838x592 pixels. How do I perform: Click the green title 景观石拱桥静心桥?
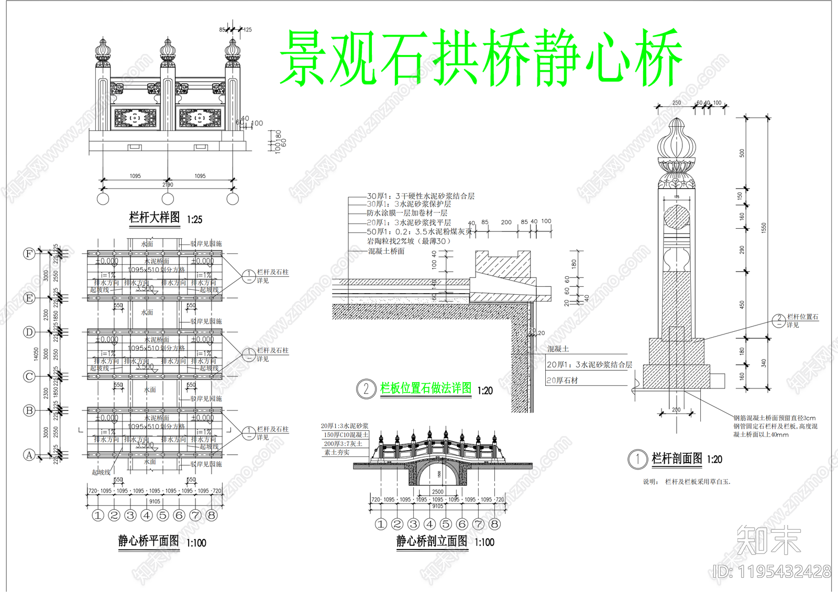pos(481,58)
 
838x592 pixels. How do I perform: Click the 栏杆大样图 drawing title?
pos(155,217)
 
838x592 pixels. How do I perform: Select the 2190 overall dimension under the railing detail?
pos(168,185)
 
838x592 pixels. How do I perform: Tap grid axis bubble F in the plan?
pos(29,254)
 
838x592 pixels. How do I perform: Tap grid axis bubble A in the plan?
pos(29,455)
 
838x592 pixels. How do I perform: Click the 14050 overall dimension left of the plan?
pos(36,354)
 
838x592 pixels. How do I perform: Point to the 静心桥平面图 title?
pos(149,541)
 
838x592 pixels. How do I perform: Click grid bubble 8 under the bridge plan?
pos(212,516)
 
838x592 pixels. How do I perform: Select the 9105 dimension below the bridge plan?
pos(155,501)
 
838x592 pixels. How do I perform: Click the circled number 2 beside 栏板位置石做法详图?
pos(366,389)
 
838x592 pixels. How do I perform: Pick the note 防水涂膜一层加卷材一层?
pos(407,213)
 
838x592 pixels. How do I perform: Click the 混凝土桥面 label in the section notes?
pos(386,251)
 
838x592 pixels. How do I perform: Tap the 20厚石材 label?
pos(563,381)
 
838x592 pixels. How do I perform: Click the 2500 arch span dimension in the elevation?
pos(438,492)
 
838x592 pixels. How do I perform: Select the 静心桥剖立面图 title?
pos(432,541)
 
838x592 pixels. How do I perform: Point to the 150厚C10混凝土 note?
pos(346,435)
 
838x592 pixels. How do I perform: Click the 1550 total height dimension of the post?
pos(764,228)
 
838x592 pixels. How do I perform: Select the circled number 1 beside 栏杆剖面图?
pos(637,460)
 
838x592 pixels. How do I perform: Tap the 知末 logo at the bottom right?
pos(768,540)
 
